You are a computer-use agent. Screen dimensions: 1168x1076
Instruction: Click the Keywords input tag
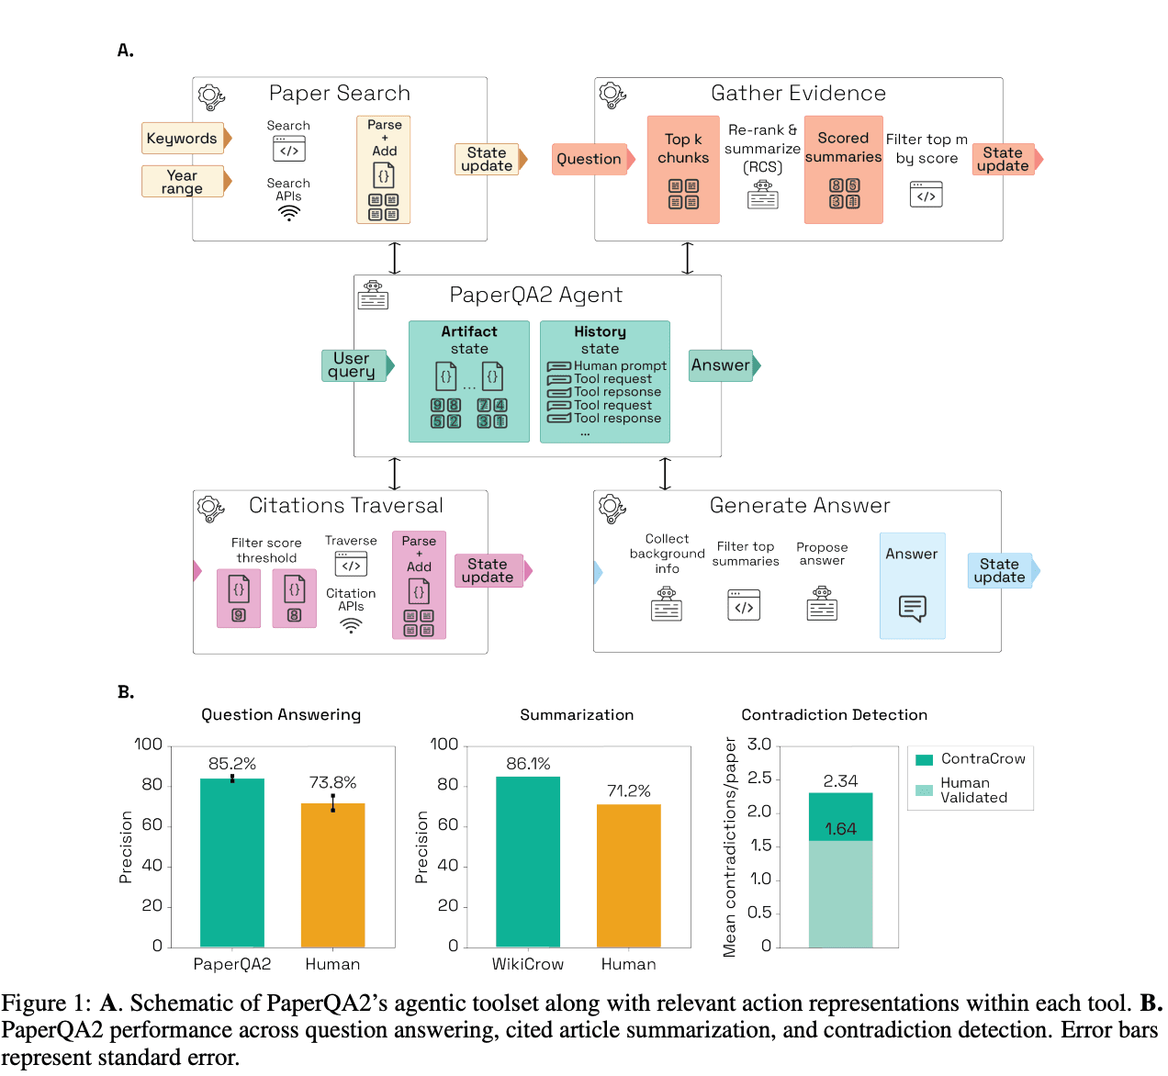[x=186, y=138]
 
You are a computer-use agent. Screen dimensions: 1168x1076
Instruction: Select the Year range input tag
[x=186, y=181]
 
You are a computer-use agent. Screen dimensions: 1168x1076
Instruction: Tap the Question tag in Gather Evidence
[x=593, y=159]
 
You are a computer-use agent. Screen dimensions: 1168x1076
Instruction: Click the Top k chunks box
[x=683, y=170]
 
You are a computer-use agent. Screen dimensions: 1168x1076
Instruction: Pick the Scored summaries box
[x=843, y=170]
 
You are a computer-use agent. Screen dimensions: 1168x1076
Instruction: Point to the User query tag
[x=358, y=365]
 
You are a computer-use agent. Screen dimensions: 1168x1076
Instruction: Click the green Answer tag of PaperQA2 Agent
[x=724, y=365]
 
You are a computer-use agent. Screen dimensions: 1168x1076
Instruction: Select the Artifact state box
[x=468, y=381]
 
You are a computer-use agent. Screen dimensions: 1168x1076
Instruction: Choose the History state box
[x=604, y=381]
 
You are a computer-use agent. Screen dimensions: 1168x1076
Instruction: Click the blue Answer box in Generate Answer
[x=912, y=585]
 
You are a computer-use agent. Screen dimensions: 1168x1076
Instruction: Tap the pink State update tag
[x=493, y=571]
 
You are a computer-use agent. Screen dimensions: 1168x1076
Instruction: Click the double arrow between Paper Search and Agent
[x=395, y=258]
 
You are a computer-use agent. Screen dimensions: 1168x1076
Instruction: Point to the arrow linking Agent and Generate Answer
[x=665, y=474]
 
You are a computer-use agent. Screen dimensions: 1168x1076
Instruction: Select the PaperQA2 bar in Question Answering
[x=231, y=862]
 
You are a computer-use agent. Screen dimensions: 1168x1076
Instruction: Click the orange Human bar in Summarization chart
[x=628, y=876]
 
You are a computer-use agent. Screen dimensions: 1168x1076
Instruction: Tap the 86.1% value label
[x=527, y=763]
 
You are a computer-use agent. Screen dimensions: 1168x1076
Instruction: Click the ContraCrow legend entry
[x=970, y=758]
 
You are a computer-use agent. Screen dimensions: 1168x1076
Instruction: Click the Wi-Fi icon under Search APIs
[x=289, y=213]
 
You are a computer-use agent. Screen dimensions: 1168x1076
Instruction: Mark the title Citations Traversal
[x=346, y=505]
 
